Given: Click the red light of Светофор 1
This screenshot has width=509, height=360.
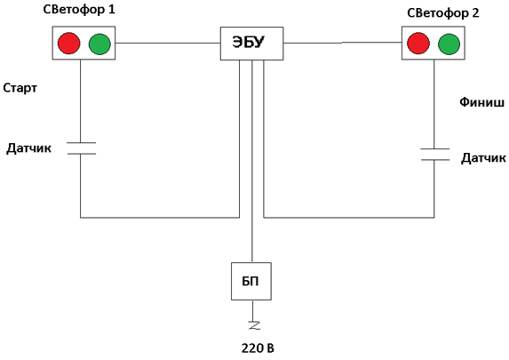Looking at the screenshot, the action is pyautogui.click(x=68, y=44).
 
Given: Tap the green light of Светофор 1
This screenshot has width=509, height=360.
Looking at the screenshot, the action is pyautogui.click(x=99, y=44).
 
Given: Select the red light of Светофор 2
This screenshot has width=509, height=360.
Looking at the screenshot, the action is pyautogui.click(x=418, y=43).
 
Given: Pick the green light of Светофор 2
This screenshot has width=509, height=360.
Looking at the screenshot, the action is pyautogui.click(x=449, y=44).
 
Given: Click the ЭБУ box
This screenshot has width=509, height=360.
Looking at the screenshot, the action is pyautogui.click(x=252, y=44).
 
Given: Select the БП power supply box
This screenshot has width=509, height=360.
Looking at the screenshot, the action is pyautogui.click(x=251, y=282).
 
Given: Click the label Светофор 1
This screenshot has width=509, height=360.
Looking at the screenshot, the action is pyautogui.click(x=79, y=10).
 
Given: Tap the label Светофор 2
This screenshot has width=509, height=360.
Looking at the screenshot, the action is pyautogui.click(x=442, y=13).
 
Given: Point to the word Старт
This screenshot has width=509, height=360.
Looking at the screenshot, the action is pyautogui.click(x=20, y=88).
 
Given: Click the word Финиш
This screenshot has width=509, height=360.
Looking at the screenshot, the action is pyautogui.click(x=481, y=102).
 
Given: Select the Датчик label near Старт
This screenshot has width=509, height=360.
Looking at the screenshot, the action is pyautogui.click(x=29, y=148).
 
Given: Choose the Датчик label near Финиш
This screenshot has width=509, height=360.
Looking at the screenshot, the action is pyautogui.click(x=483, y=158).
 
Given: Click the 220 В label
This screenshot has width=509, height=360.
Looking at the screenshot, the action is pyautogui.click(x=258, y=348).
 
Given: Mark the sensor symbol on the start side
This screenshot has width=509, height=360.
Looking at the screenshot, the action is pyautogui.click(x=82, y=148).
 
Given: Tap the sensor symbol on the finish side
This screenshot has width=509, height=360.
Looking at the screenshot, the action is pyautogui.click(x=435, y=155).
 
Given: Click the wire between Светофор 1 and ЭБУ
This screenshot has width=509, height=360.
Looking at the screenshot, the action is pyautogui.click(x=168, y=43).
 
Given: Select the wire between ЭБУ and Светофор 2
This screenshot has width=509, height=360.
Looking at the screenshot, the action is pyautogui.click(x=343, y=43).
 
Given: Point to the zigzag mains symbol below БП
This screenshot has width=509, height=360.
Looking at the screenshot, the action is pyautogui.click(x=254, y=325).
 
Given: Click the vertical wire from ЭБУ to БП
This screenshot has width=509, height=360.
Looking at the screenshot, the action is pyautogui.click(x=252, y=161).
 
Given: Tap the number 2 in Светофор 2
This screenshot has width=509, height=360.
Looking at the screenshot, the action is pyautogui.click(x=475, y=13).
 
